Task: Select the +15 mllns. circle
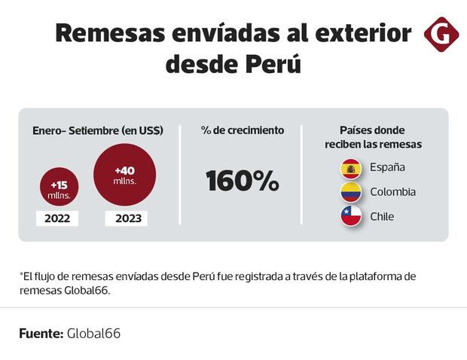[59, 189]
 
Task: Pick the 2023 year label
[126, 219]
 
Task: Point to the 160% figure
[242, 181]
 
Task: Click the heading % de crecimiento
[242, 130]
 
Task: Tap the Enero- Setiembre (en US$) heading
[98, 130]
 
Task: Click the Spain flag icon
[351, 167]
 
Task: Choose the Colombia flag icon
[351, 192]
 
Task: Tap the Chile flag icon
[351, 217]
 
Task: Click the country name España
[387, 167]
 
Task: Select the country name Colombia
[392, 192]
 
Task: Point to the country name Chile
[382, 217]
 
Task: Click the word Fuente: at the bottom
[41, 332]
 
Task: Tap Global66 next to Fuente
[93, 332]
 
